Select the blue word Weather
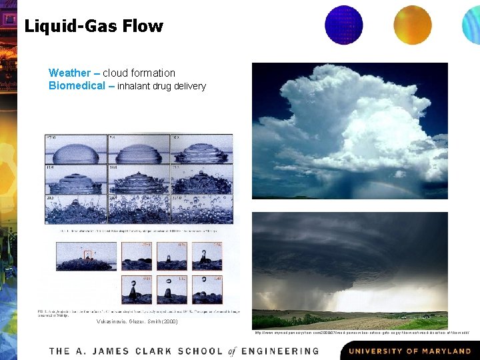point(69,73)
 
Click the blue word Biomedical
point(77,85)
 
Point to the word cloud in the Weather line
point(115,73)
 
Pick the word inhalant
point(134,86)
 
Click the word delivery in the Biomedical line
point(189,86)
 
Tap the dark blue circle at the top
point(343,25)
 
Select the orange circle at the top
point(413,25)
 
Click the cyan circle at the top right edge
point(472,25)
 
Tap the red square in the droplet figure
point(88,254)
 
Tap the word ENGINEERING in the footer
point(281,351)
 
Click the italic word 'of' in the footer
point(231,351)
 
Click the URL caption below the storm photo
point(363,333)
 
